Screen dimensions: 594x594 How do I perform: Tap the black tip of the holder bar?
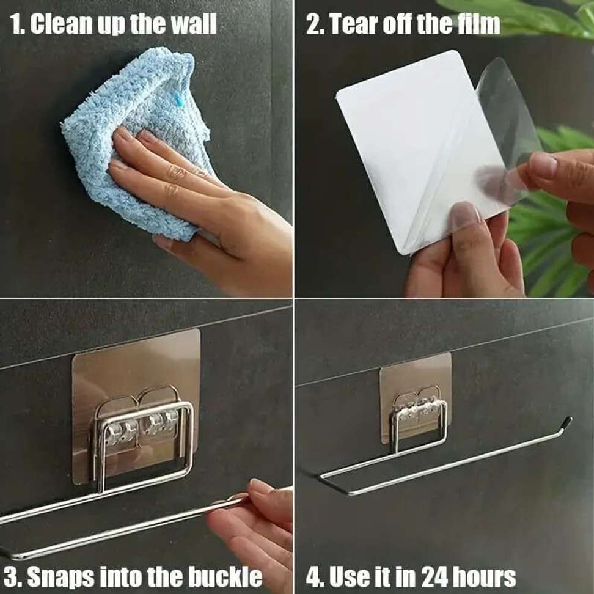click(568, 422)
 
